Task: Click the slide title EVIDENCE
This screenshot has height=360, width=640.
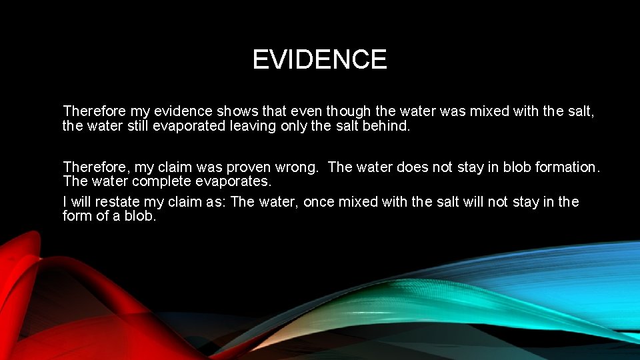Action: pyautogui.click(x=319, y=60)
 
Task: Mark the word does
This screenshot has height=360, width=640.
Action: pyautogui.click(x=412, y=167)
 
